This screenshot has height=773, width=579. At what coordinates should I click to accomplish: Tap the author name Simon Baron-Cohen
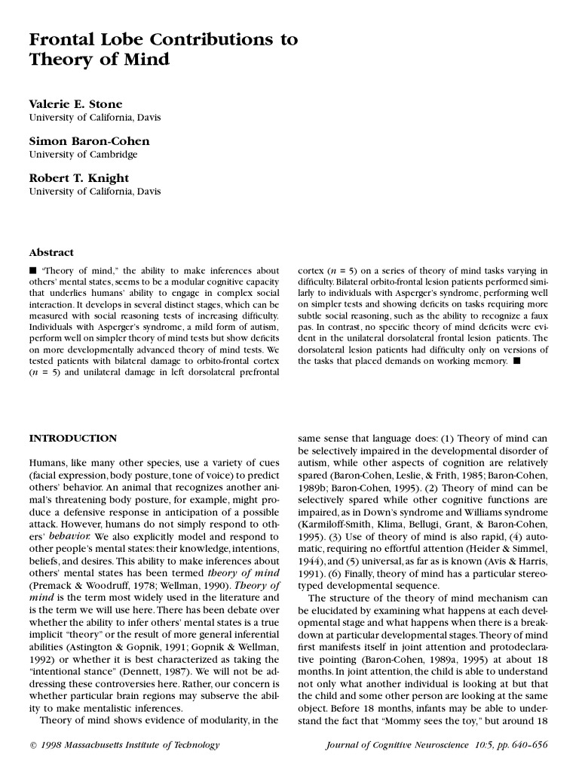click(89, 141)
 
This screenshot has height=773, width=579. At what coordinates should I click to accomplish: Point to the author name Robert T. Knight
click(78, 178)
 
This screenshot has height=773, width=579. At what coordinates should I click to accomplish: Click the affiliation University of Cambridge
click(83, 155)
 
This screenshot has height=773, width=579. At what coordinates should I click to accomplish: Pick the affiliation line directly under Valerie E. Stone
click(94, 118)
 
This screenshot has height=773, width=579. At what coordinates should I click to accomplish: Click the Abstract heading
click(51, 252)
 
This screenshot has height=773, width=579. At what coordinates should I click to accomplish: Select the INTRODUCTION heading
click(72, 438)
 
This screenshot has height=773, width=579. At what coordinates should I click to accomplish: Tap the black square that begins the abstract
click(32, 270)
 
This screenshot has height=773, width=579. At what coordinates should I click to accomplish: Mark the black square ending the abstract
click(516, 362)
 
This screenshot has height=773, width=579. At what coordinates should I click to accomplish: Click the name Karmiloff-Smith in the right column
click(332, 522)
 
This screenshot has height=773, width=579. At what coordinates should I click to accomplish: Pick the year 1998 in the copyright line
click(52, 746)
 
